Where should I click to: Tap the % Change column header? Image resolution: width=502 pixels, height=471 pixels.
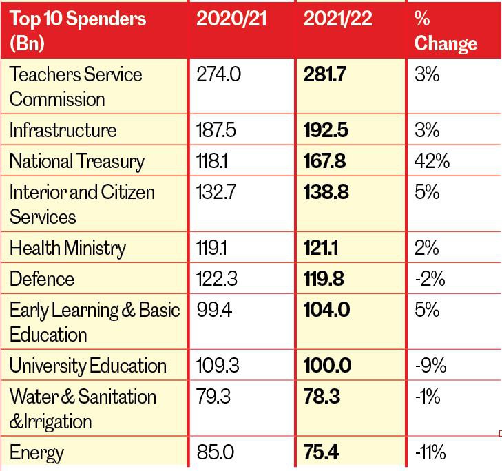pos(446,31)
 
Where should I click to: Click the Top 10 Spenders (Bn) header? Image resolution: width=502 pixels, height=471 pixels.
pos(77,31)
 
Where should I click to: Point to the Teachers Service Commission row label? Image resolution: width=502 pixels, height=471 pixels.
pos(76,86)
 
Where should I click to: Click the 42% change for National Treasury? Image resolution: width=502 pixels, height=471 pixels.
pos(432,162)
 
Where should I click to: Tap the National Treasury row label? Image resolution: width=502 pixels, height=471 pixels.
pos(77,162)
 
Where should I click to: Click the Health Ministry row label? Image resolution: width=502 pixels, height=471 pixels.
pos(67,248)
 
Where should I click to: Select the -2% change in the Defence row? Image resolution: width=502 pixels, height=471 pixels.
pos(430,279)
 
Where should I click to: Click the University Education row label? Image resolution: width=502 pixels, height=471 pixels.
pos(88,366)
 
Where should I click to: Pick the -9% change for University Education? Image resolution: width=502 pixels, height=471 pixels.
pos(430,366)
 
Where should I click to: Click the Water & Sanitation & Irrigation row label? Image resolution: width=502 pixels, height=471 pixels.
pos(83,408)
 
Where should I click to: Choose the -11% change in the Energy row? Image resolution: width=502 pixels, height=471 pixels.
pos(430,453)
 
